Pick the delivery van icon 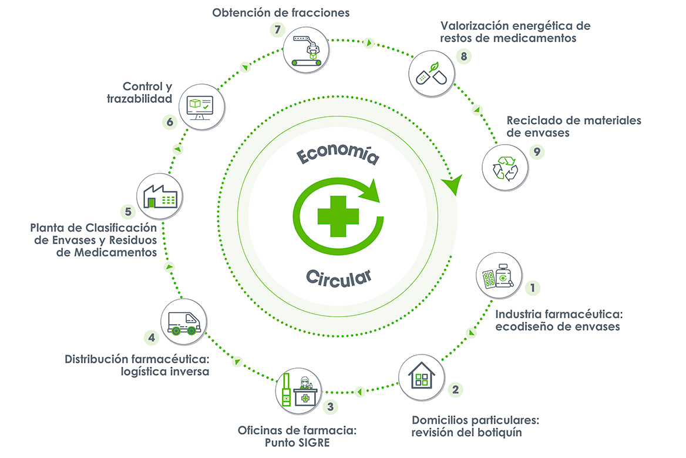click(183, 321)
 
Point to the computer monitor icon click(201, 105)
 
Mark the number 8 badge click(463, 56)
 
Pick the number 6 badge click(170, 122)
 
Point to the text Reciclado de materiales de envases click(574, 126)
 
